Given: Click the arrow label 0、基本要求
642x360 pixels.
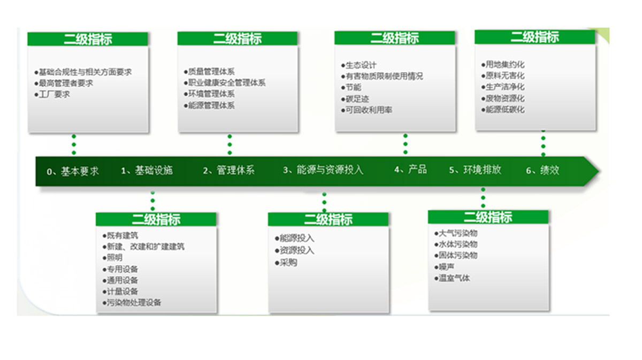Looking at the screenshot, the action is (x=73, y=171).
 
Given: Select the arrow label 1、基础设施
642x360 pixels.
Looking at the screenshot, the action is (x=147, y=171).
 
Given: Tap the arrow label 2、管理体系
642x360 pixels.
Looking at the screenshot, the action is (x=229, y=170).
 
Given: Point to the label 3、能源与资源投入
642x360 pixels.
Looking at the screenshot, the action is (x=323, y=170).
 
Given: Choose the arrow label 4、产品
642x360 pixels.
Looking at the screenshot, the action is (x=410, y=170).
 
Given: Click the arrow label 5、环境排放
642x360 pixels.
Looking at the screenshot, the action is (x=475, y=170).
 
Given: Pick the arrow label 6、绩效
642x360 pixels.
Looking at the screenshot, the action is (x=542, y=171).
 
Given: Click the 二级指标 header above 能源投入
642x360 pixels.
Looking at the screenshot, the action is (x=328, y=219).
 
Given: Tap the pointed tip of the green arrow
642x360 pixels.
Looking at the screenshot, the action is (x=599, y=171).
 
